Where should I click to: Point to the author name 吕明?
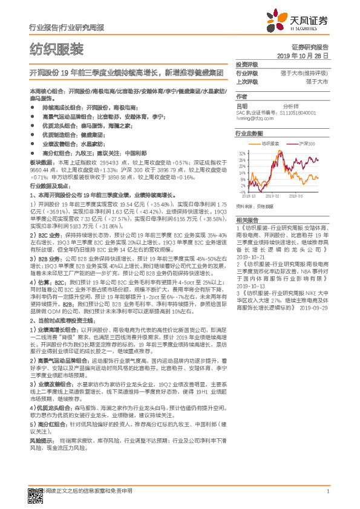[x=241, y=105]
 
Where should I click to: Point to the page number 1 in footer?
[x=327, y=491]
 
